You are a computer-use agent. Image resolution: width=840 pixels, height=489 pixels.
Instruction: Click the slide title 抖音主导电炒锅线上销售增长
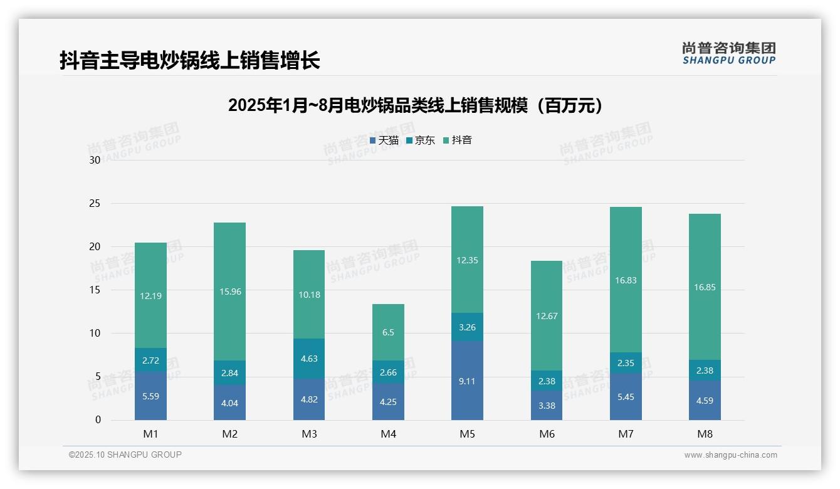pos(189,60)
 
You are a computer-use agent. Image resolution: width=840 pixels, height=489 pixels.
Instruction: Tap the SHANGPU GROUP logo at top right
pos(728,53)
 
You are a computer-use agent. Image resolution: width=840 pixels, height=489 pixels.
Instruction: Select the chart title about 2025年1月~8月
pos(416,105)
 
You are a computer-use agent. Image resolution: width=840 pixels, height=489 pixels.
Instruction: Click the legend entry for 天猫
pos(384,140)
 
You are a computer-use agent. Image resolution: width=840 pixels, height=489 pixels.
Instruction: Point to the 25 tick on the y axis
pos(95,204)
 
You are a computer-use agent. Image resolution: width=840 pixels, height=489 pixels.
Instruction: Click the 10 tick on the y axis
pos(95,334)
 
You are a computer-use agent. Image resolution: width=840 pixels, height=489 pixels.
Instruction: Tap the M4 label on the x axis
pos(389,434)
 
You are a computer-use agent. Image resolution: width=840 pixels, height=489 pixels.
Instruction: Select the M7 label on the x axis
pos(626,434)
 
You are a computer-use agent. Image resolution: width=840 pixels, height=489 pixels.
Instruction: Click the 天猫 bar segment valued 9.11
pos(467,381)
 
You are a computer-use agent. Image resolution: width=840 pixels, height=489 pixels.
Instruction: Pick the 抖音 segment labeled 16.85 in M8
pos(705,287)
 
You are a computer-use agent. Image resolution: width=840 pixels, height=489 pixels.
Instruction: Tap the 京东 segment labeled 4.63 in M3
pos(309,359)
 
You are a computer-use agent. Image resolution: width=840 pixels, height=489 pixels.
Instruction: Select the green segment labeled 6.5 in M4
pos(389,332)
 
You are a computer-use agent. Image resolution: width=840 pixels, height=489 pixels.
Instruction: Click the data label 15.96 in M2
pos(230,292)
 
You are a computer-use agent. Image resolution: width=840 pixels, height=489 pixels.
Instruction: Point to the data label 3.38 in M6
pos(547,406)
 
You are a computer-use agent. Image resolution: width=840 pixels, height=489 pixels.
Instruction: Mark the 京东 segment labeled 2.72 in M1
pos(150,360)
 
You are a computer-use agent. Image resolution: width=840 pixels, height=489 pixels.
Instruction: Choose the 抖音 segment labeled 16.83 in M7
pos(626,280)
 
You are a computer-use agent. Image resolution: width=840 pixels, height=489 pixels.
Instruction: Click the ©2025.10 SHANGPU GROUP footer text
pos(125,455)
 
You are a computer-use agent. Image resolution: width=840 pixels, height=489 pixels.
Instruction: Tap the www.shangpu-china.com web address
pos(730,455)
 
